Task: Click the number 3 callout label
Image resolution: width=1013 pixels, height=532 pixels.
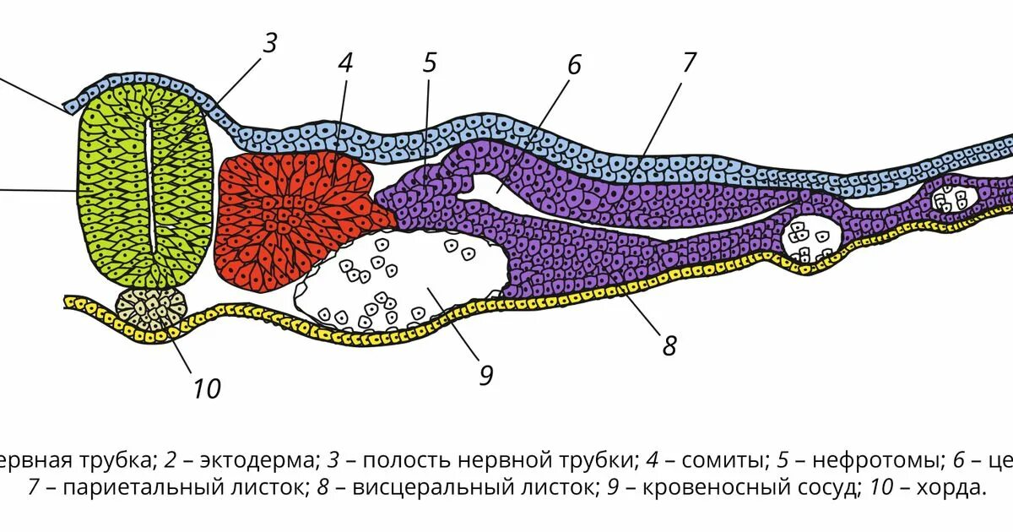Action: pos(270,44)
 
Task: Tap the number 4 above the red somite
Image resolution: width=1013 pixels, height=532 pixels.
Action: pos(344,64)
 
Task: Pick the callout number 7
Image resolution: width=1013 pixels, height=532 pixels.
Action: pos(689,62)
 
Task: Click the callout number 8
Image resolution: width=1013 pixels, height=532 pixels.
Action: pos(669,345)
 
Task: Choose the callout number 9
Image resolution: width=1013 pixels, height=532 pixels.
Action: pos(485,374)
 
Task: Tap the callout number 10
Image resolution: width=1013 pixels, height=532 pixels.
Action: pos(206,388)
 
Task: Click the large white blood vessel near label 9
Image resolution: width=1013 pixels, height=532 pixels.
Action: pos(397,283)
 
